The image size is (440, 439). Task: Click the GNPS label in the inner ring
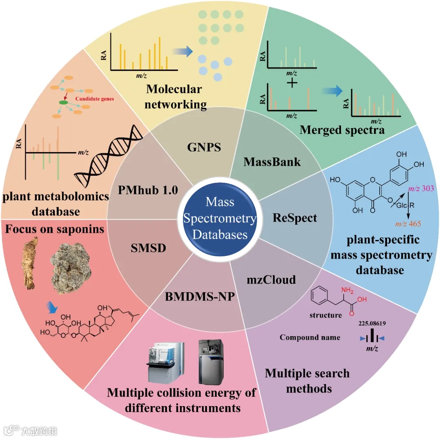(x=204, y=147)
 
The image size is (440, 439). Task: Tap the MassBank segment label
(x=272, y=162)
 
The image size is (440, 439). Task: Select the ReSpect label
(x=295, y=218)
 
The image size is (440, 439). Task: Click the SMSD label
(x=148, y=247)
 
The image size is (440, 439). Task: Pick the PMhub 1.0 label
(x=149, y=190)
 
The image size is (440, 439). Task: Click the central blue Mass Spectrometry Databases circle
(x=220, y=218)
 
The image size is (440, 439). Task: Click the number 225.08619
(x=372, y=324)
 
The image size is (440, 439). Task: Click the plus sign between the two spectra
(x=292, y=83)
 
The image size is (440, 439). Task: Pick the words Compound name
(x=310, y=337)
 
